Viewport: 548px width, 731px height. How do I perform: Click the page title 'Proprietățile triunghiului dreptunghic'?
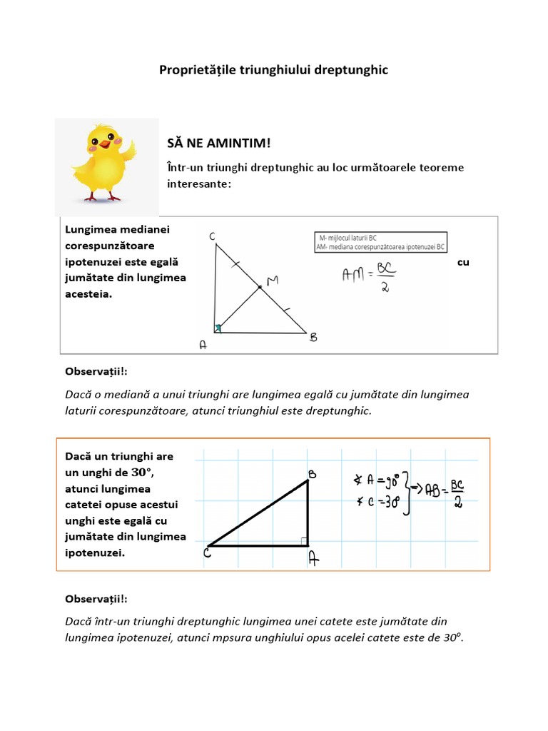pos(273,71)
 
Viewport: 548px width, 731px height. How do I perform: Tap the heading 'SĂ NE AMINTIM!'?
pos(219,143)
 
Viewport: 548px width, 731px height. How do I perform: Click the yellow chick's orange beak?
pos(106,143)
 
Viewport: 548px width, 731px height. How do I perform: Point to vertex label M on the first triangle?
pos(272,282)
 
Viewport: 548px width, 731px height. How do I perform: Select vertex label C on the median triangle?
pos(213,236)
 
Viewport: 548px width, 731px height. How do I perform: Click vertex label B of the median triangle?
pos(313,338)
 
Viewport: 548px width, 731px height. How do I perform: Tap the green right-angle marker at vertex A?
pos(218,329)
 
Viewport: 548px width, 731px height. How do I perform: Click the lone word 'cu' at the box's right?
pos(463,262)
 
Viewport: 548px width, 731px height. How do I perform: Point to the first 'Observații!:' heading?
pos(96,372)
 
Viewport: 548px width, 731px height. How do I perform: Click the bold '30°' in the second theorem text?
pos(142,473)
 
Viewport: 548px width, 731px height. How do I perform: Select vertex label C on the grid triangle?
pos(208,553)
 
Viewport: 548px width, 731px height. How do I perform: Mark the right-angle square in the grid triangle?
pos(303,542)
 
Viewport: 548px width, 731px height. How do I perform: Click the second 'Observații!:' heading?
pos(96,598)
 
